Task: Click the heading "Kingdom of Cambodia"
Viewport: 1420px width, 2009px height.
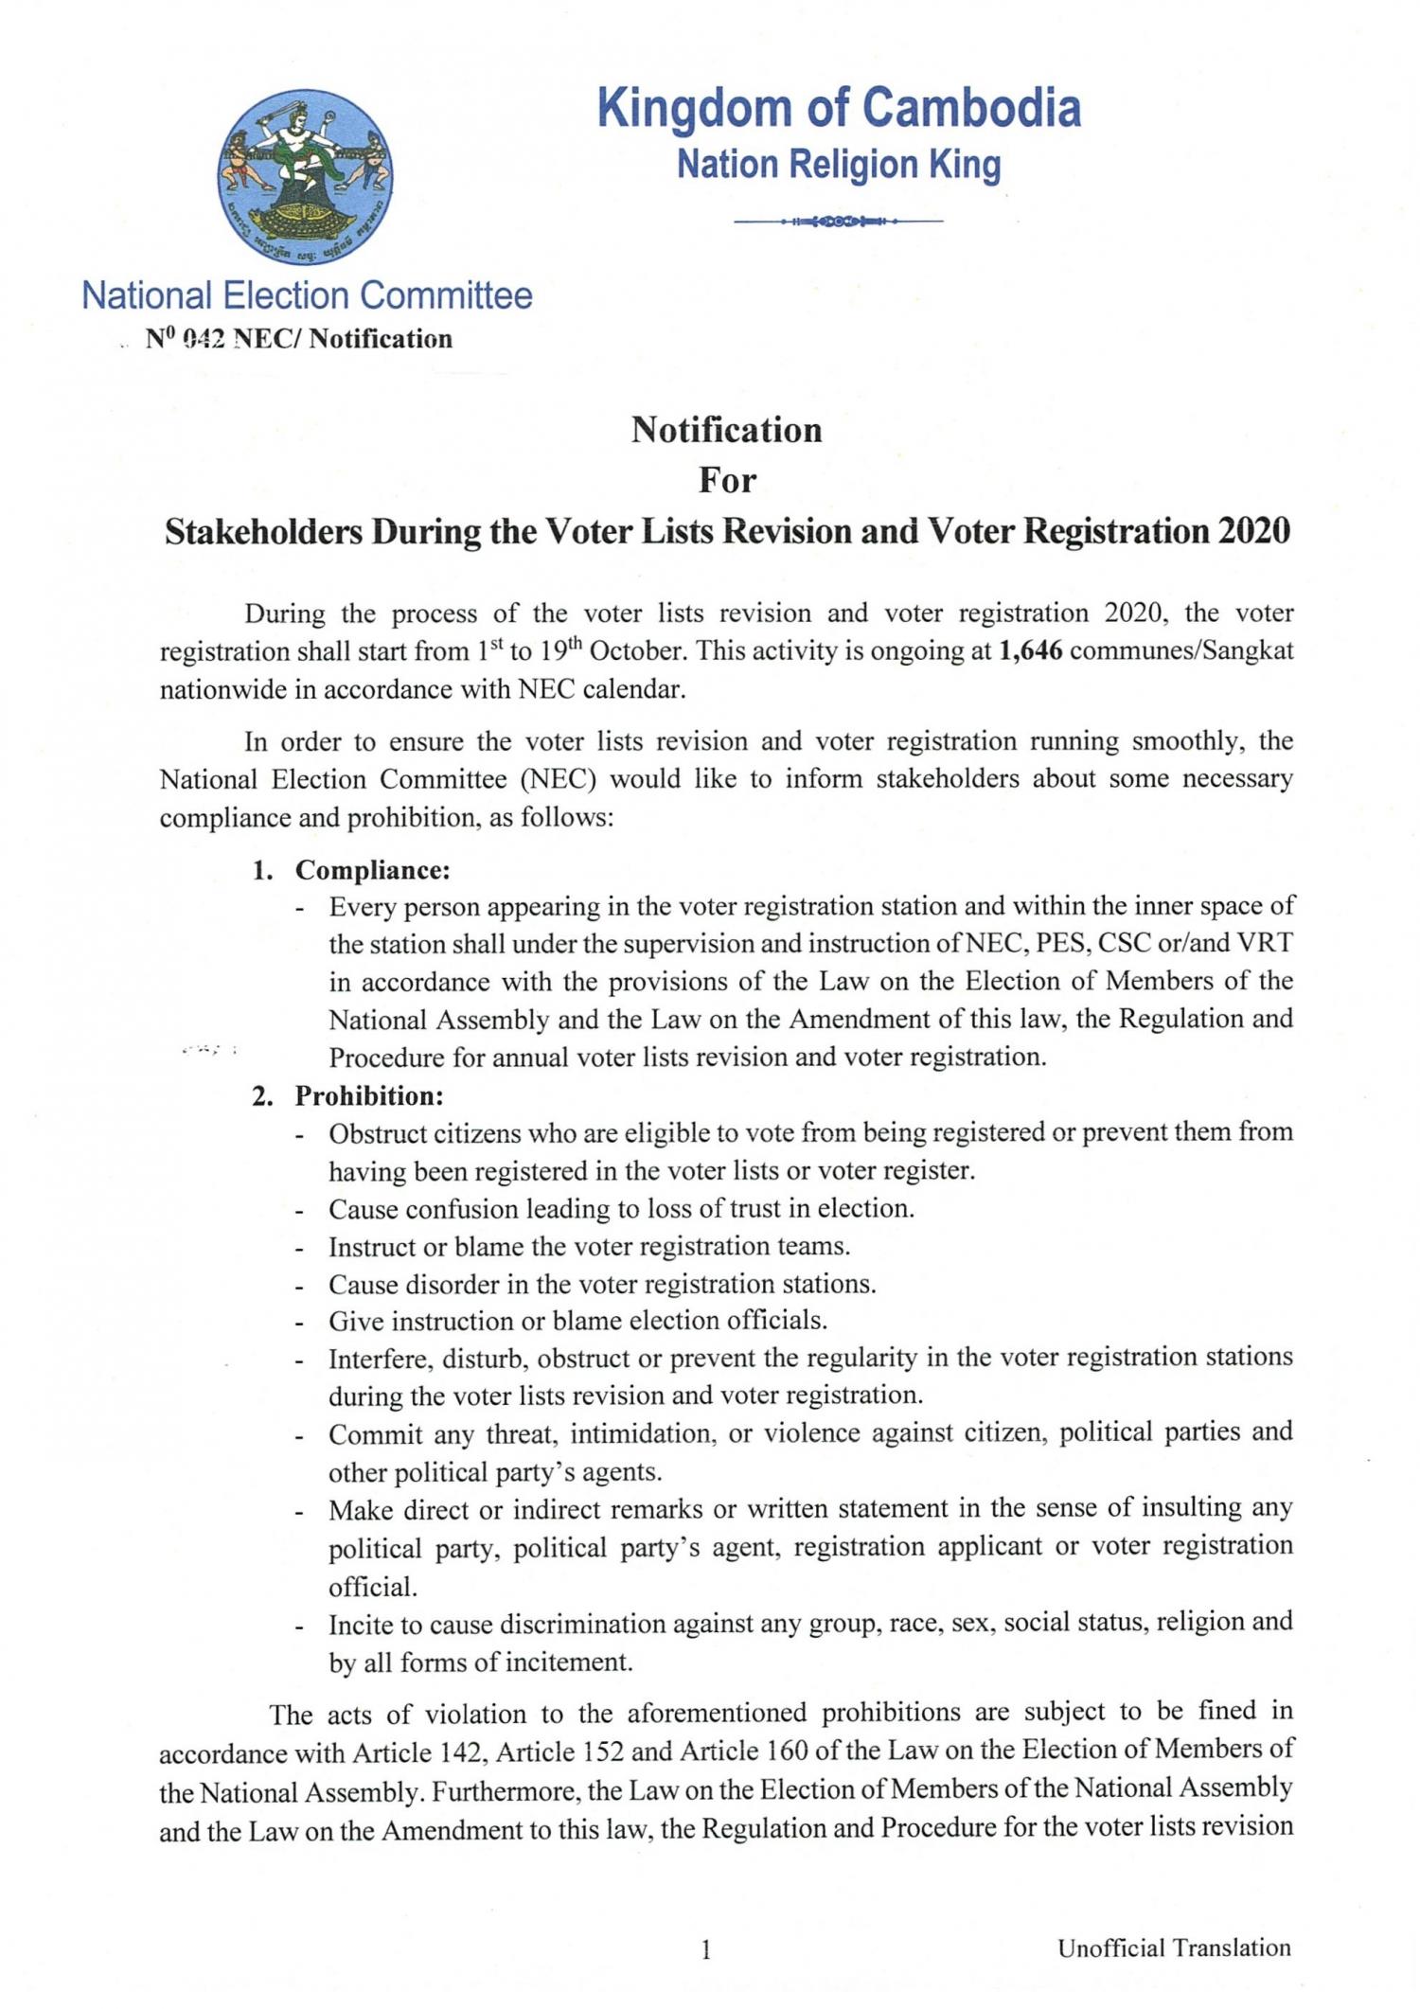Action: (839, 108)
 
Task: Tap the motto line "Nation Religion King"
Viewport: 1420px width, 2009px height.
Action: (839, 165)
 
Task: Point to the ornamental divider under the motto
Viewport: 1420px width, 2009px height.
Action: (839, 222)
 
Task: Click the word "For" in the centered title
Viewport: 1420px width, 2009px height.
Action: (727, 481)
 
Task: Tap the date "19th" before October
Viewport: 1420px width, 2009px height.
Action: (559, 652)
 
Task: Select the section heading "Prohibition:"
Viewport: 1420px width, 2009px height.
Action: (369, 1095)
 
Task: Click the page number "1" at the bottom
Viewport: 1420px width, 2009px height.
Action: (705, 1948)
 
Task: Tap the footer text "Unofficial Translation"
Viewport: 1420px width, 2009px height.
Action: (1174, 1947)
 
